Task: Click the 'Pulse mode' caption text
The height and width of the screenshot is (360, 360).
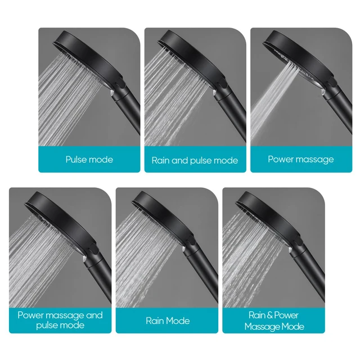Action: (89, 160)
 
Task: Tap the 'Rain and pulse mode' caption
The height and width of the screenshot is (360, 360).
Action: (195, 160)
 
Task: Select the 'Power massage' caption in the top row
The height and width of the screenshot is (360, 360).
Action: (301, 160)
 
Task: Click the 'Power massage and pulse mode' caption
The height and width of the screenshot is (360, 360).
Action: (60, 320)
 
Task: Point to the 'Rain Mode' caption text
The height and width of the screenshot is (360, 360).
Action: (168, 321)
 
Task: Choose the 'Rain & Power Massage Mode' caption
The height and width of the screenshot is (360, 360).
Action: (274, 321)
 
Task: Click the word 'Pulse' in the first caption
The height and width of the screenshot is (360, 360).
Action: (76, 159)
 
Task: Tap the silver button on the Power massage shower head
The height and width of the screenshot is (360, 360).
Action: (323, 92)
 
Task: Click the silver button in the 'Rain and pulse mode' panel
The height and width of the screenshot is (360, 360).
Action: (214, 93)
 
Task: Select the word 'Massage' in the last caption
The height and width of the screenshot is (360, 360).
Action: (262, 327)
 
